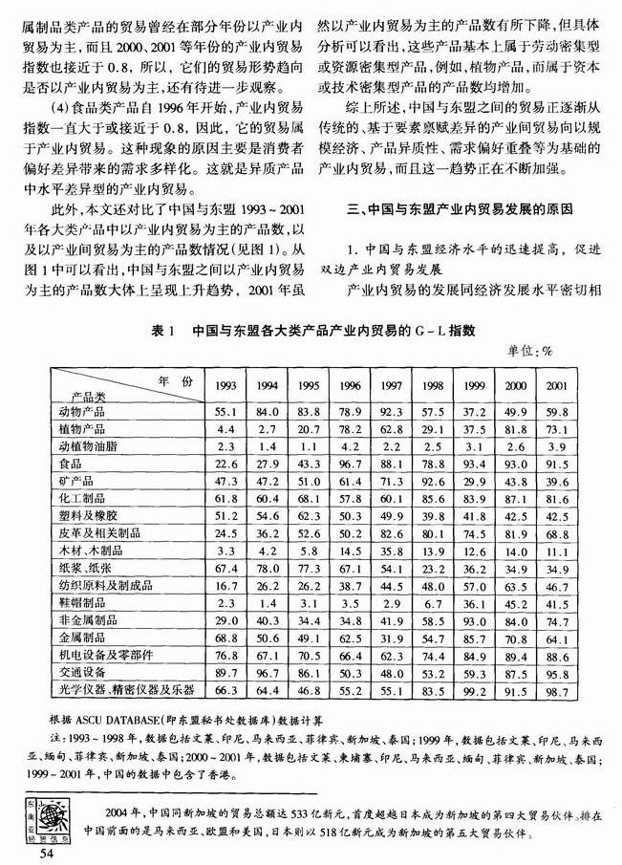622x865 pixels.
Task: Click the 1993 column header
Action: (226, 386)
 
